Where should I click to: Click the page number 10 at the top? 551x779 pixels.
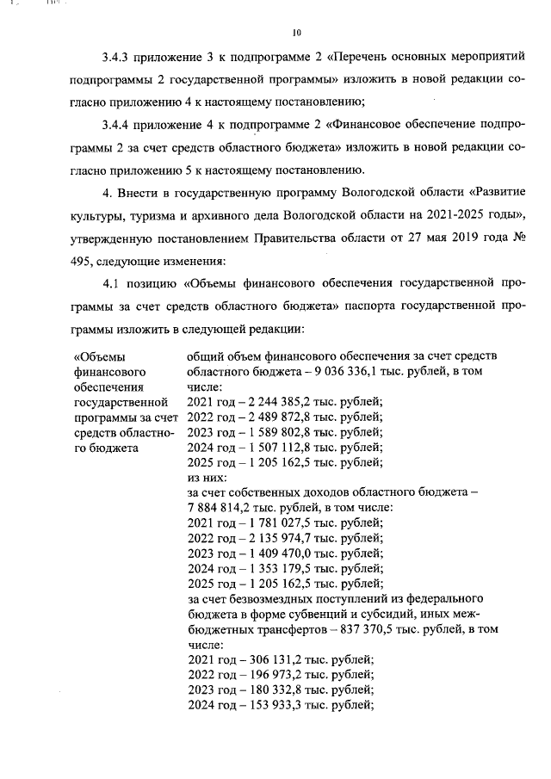click(296, 34)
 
